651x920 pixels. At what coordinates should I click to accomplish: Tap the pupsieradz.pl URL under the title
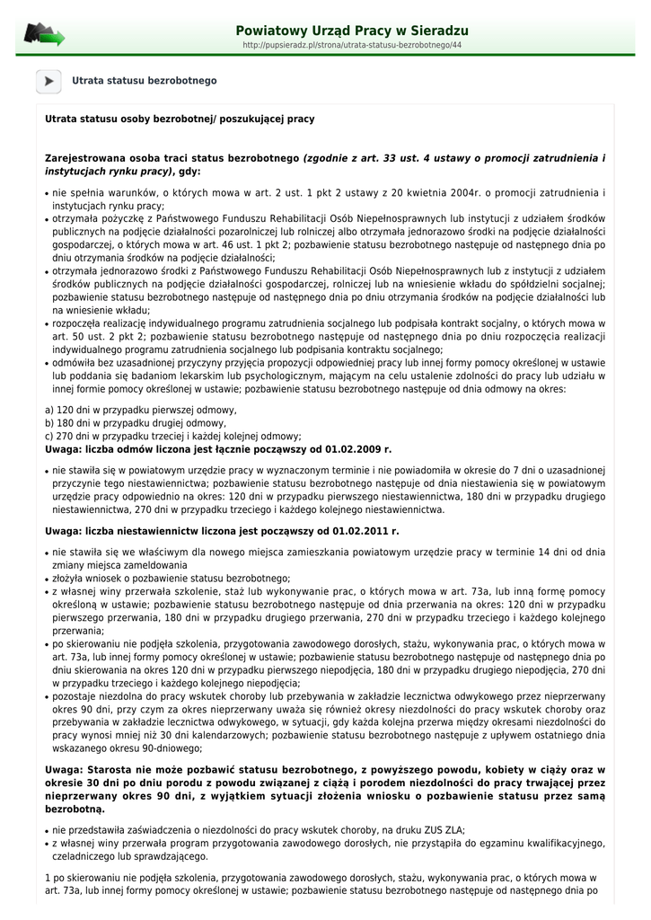tap(352, 45)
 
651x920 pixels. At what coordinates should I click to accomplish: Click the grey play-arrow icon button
tap(48, 81)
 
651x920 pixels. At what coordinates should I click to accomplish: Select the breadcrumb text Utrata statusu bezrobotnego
tap(145, 81)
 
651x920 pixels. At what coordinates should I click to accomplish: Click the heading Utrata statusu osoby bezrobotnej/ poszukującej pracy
tap(180, 119)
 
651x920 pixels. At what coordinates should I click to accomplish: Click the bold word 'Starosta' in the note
tap(109, 770)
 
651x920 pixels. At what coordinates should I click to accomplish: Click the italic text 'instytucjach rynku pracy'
tap(107, 171)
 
